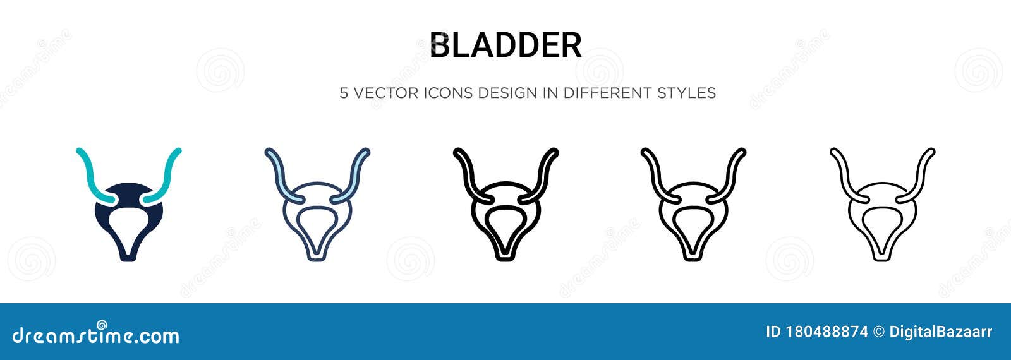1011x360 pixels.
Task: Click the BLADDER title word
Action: [x=505, y=45]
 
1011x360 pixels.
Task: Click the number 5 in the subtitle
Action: [x=344, y=93]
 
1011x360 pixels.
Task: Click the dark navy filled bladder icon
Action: [x=129, y=218]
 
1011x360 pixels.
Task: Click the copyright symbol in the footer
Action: [x=878, y=332]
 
